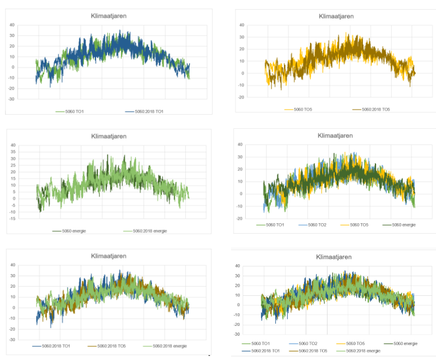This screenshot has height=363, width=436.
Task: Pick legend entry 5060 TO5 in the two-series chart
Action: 302,109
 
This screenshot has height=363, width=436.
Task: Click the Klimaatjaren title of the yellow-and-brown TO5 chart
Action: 336,16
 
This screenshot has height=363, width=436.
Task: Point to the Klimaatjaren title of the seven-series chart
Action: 333,257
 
